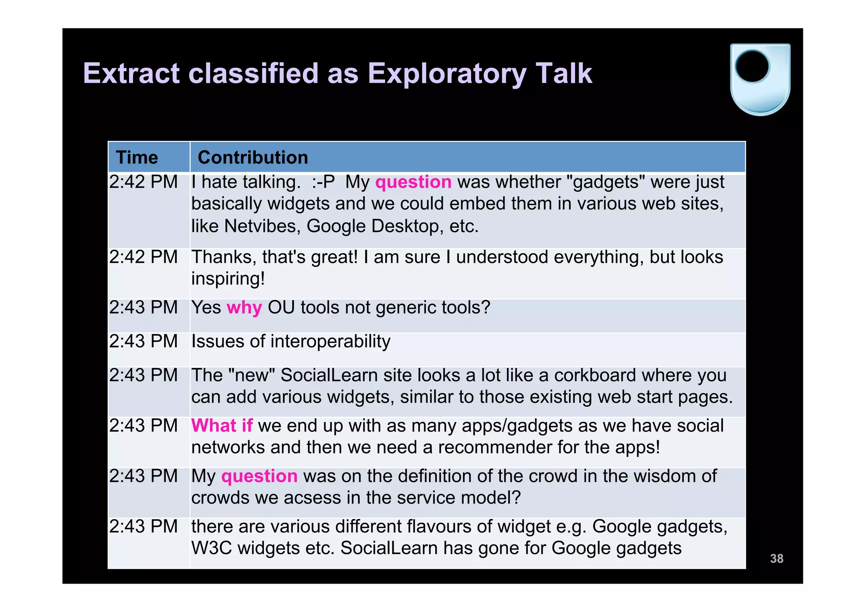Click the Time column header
(x=137, y=157)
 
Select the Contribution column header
(x=253, y=157)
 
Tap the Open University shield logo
(x=760, y=80)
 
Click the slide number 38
(x=776, y=558)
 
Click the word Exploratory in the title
(x=447, y=74)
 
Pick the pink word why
(x=244, y=307)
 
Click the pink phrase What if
(x=222, y=425)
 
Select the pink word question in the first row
(x=413, y=182)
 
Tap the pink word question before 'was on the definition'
(x=259, y=476)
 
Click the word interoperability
(x=330, y=341)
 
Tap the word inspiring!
(x=228, y=279)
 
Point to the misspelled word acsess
(x=312, y=498)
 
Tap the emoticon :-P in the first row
(x=323, y=182)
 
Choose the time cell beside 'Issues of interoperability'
(x=143, y=341)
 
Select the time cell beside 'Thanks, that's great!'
(x=143, y=257)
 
